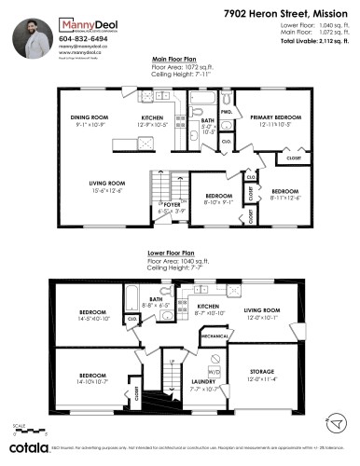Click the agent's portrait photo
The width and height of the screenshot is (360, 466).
point(32,34)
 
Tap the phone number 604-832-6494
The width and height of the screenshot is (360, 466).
point(81,39)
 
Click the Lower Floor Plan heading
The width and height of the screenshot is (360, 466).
point(171,253)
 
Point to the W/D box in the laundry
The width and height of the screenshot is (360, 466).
point(214,371)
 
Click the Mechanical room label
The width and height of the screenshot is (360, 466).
point(214,335)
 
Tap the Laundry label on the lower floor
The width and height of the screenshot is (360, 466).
point(202,382)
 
